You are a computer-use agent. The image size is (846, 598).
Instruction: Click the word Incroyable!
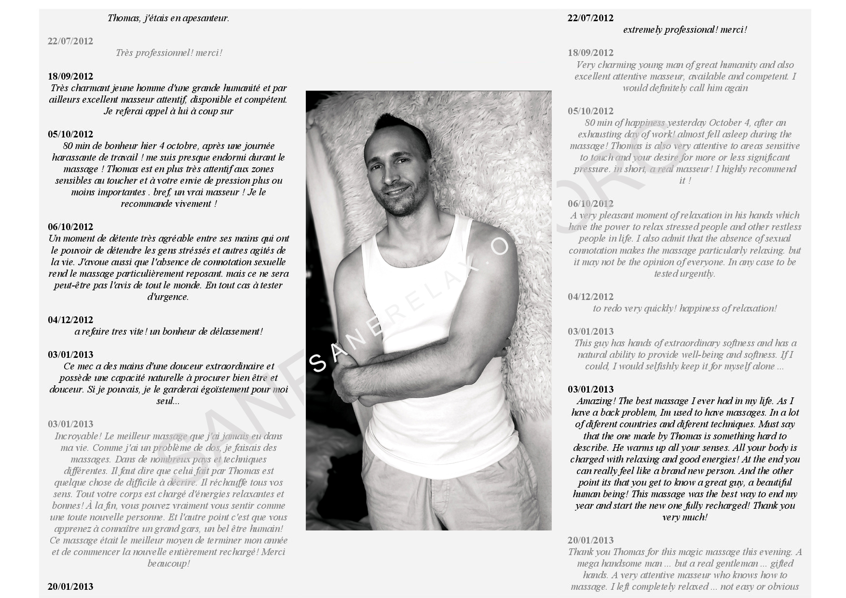[x=78, y=436]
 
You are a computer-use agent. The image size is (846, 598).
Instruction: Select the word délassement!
[x=237, y=332]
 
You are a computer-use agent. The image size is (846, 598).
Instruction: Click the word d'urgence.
[x=168, y=297]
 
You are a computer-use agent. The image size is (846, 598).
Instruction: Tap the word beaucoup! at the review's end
[x=168, y=564]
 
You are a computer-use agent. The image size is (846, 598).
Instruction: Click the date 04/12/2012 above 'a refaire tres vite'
[x=70, y=320]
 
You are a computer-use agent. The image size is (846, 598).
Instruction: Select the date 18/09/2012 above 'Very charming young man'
[x=590, y=53]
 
